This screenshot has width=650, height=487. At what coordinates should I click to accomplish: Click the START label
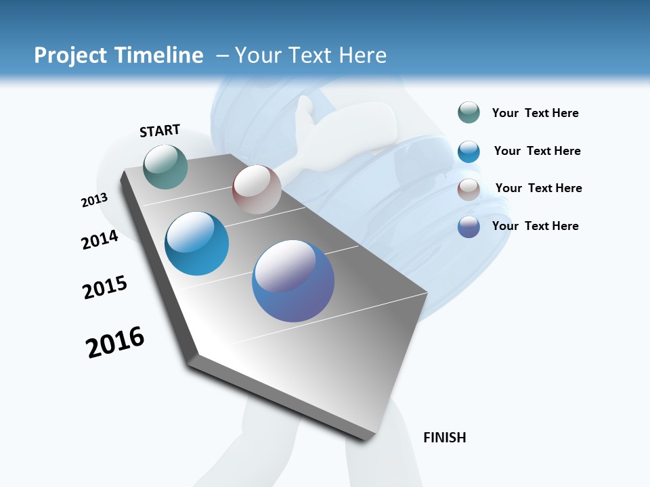click(x=160, y=131)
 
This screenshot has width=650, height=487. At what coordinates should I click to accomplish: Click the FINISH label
click(x=444, y=438)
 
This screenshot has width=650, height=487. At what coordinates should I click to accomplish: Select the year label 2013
click(x=94, y=200)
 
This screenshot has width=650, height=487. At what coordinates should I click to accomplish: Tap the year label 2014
click(x=100, y=239)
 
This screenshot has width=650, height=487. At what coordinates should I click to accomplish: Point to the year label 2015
click(x=105, y=287)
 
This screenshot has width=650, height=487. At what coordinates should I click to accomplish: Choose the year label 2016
click(x=115, y=342)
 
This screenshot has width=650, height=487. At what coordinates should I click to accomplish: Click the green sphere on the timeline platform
click(x=166, y=166)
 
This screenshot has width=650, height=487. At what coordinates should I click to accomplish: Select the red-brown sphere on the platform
click(x=257, y=189)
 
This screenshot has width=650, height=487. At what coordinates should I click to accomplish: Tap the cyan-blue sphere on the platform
click(x=197, y=243)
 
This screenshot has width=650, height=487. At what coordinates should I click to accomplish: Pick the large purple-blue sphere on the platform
click(x=293, y=281)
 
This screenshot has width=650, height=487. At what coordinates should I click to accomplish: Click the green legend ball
click(x=469, y=113)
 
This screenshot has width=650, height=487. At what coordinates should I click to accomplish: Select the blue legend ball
click(x=469, y=152)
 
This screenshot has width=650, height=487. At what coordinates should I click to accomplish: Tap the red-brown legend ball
click(x=469, y=189)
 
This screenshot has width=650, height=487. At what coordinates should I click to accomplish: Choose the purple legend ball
click(x=469, y=227)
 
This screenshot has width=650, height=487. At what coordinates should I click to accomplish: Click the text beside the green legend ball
click(x=535, y=113)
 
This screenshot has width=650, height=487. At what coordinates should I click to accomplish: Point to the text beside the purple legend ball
click(x=535, y=226)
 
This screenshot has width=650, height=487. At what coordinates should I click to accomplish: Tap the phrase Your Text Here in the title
click(x=311, y=55)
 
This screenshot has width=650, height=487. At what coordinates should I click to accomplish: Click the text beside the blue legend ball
click(x=537, y=151)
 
